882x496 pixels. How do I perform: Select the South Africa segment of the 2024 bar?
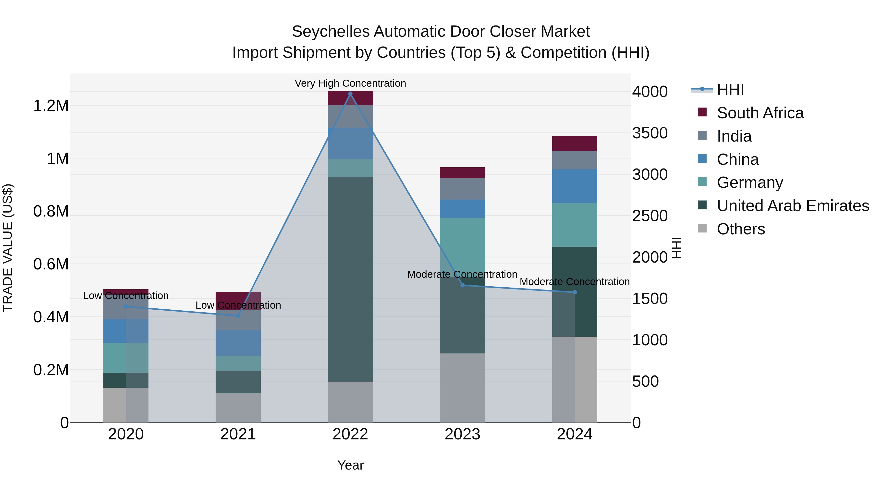point(575,144)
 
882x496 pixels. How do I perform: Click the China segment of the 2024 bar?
point(575,186)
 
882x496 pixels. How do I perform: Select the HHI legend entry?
point(730,90)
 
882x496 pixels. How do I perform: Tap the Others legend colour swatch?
point(702,228)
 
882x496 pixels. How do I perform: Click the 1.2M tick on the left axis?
point(51,105)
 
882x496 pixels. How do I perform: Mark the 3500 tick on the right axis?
point(649,133)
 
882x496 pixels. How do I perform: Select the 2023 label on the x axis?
point(462,434)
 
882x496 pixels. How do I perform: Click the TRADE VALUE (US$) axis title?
point(8,248)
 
